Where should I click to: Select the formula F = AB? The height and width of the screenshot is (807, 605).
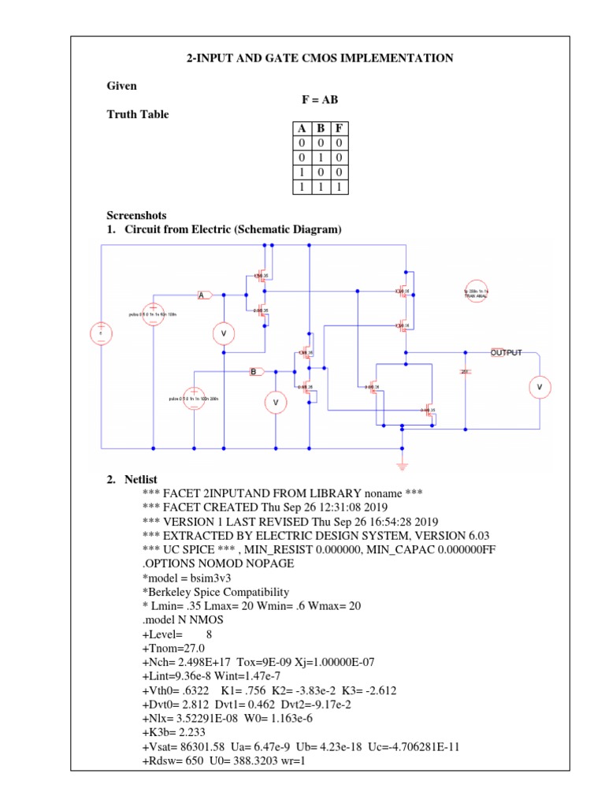tap(320, 99)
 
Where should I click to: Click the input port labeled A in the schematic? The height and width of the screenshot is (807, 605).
tap(204, 295)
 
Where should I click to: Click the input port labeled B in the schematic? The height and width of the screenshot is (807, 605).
tap(257, 371)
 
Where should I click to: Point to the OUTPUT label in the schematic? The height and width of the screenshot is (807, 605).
tap(507, 352)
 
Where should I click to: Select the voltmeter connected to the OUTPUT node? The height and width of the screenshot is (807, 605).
tap(540, 387)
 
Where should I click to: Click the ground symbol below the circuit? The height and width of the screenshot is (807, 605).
tap(403, 459)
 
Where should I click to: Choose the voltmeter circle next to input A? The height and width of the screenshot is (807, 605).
tap(224, 334)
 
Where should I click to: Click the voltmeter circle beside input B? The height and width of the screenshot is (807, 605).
tap(276, 402)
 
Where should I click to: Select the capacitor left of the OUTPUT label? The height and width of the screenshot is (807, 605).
tap(465, 370)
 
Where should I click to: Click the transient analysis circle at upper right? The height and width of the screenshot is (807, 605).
tap(477, 292)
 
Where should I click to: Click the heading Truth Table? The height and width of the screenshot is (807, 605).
tap(138, 114)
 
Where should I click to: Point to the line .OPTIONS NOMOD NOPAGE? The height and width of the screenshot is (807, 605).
tap(218, 564)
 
